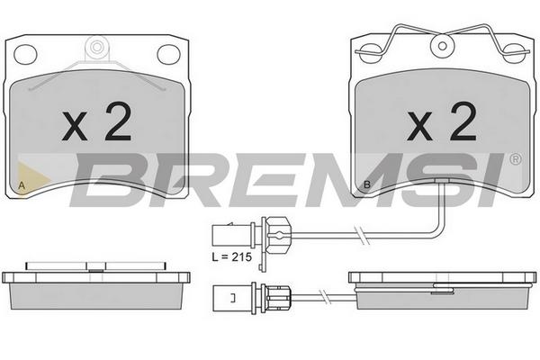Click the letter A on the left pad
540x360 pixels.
pyautogui.click(x=22, y=185)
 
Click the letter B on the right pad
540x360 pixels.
pyautogui.click(x=367, y=184)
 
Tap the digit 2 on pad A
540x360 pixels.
pyautogui.click(x=118, y=121)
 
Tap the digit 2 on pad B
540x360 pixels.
pyautogui.click(x=463, y=121)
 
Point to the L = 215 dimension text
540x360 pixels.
pyautogui.click(x=232, y=257)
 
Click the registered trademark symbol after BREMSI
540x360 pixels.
pyautogui.click(x=516, y=159)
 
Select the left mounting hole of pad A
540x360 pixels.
pyautogui.click(x=25, y=54)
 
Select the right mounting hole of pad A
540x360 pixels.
pyautogui.click(x=169, y=54)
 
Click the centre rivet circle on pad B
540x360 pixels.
pyautogui.click(x=443, y=46)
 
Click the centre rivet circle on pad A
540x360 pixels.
pyautogui.click(x=97, y=47)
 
